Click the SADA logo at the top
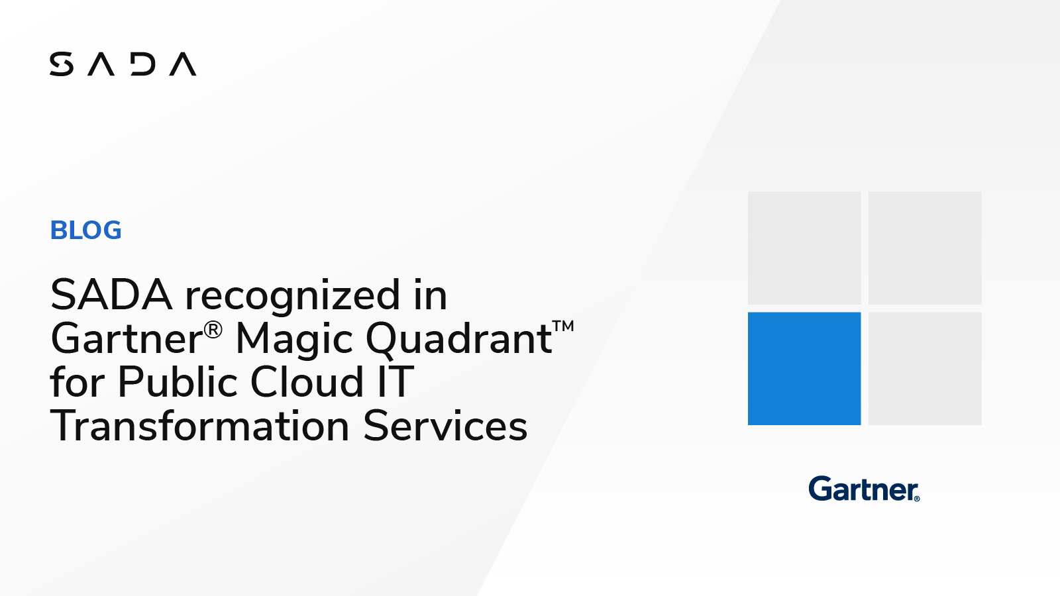tap(123, 64)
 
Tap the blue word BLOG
tap(86, 230)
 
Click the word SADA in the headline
tap(111, 295)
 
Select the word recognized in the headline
tap(292, 296)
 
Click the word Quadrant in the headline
tap(458, 340)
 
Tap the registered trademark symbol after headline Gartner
tap(213, 329)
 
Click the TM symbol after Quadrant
tap(563, 326)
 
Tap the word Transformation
tap(199, 426)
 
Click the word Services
tap(445, 426)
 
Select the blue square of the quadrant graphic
tap(804, 368)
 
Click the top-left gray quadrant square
tap(804, 248)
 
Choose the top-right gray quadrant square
tap(925, 248)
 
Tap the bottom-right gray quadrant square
tap(925, 368)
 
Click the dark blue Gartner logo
tap(864, 489)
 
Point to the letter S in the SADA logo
tap(62, 64)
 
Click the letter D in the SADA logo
tap(142, 64)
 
